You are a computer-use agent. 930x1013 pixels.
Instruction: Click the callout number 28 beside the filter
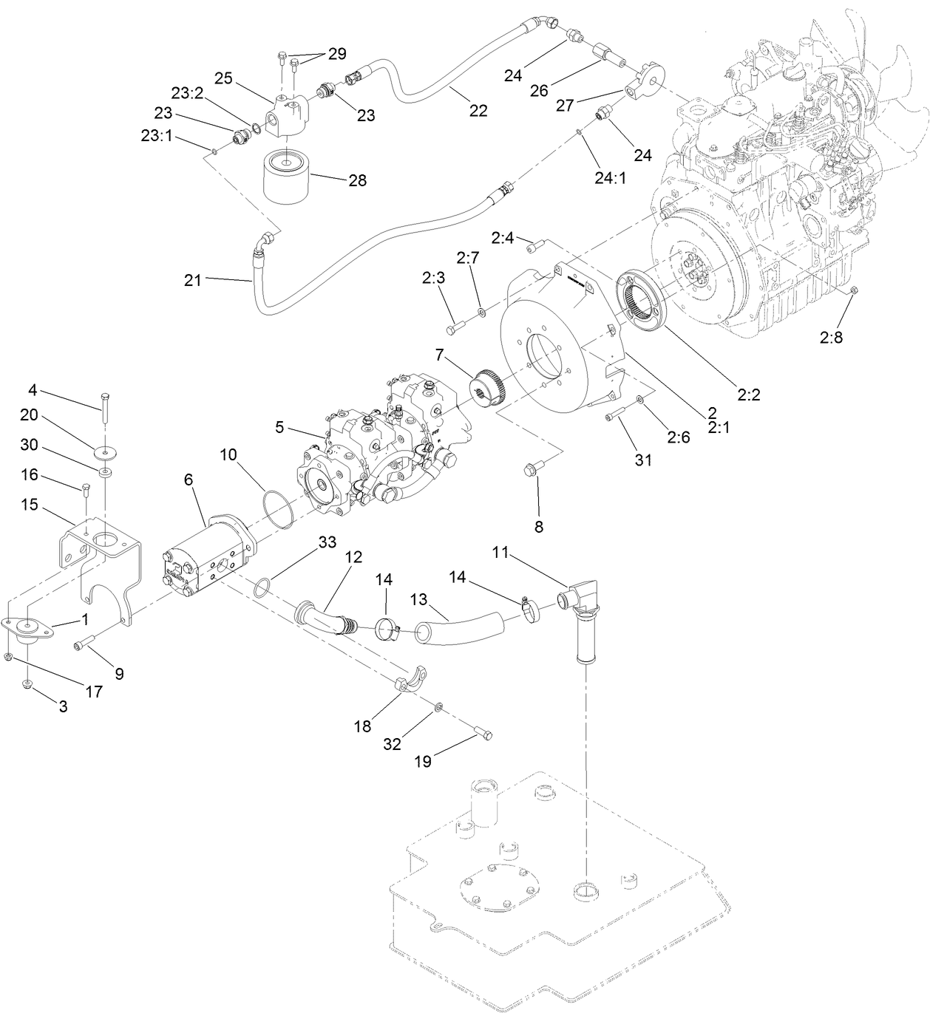click(358, 180)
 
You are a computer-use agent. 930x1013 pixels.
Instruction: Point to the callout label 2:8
click(830, 337)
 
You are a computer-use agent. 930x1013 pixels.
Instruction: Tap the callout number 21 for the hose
click(193, 281)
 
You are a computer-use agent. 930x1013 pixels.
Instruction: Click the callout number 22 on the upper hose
click(478, 111)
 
